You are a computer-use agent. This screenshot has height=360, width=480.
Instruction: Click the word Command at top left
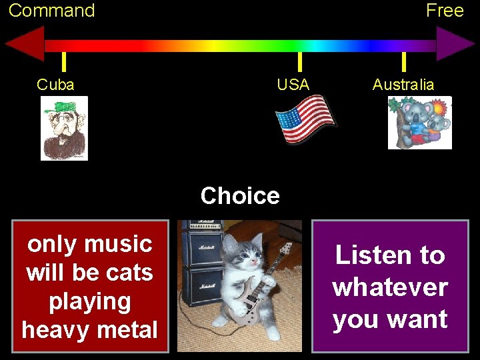(x=51, y=11)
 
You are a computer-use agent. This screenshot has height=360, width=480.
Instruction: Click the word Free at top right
(x=444, y=11)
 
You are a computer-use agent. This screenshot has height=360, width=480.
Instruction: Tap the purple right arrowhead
(x=455, y=45)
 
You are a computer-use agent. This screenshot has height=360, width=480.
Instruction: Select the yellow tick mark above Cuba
(x=63, y=61)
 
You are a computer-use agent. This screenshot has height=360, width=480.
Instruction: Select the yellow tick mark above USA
(x=299, y=61)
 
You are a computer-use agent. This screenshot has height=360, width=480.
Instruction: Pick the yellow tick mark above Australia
(x=403, y=61)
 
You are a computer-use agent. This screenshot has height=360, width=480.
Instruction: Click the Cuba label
(x=55, y=85)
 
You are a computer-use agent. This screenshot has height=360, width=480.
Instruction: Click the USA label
(x=293, y=85)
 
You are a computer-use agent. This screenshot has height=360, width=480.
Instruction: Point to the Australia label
(x=403, y=85)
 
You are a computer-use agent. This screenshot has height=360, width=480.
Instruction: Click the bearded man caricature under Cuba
(x=64, y=128)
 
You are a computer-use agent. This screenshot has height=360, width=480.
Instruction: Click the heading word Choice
(x=240, y=196)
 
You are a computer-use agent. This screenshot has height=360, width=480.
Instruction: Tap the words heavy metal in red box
(x=90, y=329)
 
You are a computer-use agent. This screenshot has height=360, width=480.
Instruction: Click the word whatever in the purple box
(x=390, y=287)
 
